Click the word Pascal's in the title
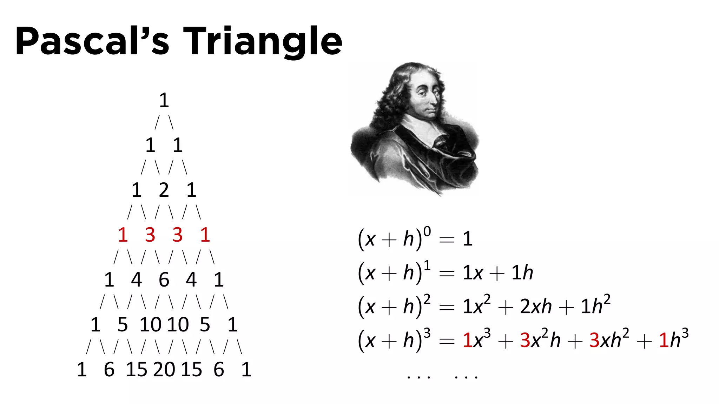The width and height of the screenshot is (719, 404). click(92, 41)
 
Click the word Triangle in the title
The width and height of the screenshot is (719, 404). click(262, 41)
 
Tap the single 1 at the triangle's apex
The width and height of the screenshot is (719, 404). click(164, 100)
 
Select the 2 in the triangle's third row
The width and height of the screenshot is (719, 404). click(164, 190)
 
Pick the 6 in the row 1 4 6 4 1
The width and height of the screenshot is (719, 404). click(164, 280)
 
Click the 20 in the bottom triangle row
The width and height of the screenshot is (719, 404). click(164, 370)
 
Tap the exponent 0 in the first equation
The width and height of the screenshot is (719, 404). click(427, 232)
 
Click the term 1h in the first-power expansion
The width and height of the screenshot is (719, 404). click(522, 273)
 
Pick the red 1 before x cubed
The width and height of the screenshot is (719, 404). click(467, 340)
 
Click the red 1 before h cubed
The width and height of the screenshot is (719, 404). click(663, 340)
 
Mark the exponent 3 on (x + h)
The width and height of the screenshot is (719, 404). click(427, 333)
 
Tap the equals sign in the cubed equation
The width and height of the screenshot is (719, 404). click(447, 341)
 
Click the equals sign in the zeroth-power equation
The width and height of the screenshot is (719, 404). click(447, 240)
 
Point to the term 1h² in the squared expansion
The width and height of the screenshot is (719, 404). click(595, 306)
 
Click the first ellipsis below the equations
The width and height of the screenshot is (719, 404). click(418, 377)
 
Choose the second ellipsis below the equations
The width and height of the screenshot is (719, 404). click(466, 377)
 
